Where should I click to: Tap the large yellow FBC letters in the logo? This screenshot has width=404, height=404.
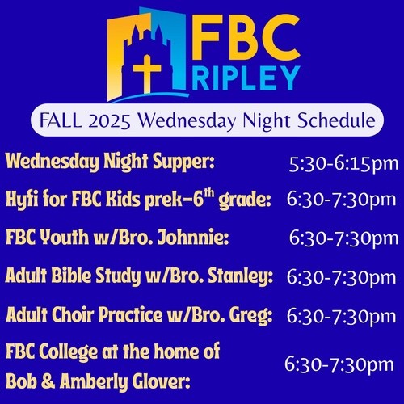[x=246, y=37]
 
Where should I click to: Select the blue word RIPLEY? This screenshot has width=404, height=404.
[x=246, y=78]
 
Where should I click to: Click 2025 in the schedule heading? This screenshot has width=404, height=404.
[x=109, y=120]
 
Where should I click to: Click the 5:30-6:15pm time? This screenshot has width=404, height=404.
[x=343, y=164]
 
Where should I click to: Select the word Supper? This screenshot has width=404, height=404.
[x=183, y=162]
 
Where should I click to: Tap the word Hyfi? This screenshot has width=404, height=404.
[x=22, y=200]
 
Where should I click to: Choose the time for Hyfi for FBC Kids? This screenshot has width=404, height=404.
[x=341, y=200]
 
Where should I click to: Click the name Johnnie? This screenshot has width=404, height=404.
[x=193, y=237]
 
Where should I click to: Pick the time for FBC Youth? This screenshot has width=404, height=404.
[x=343, y=238]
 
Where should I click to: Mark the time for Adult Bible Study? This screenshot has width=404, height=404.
[x=341, y=277]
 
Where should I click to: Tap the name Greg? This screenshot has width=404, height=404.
[x=250, y=315]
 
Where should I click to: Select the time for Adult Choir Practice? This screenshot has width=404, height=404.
[x=341, y=316]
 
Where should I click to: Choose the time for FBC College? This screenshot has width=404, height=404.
[x=339, y=364]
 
